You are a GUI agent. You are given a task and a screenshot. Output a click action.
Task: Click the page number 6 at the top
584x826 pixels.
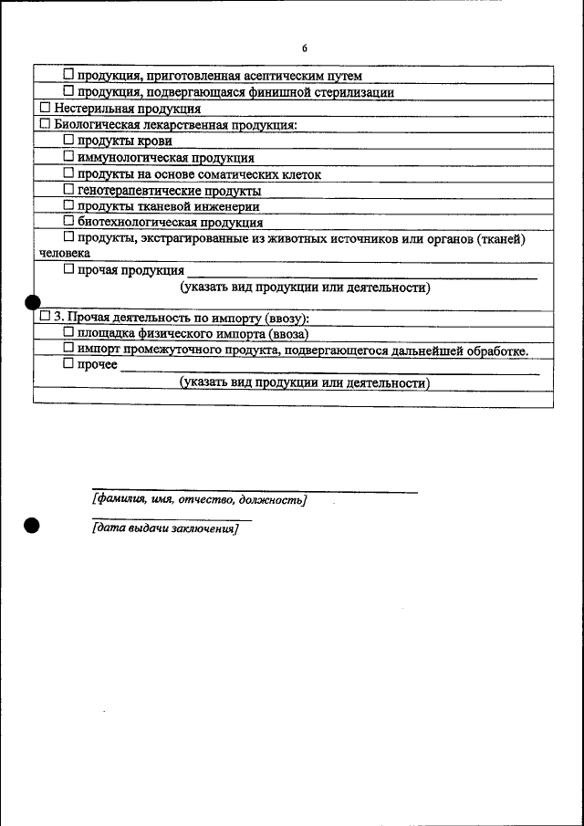(x=305, y=48)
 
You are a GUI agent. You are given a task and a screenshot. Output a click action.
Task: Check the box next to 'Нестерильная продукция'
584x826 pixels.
(x=45, y=108)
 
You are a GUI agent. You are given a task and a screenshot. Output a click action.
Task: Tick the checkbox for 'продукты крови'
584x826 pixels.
(x=69, y=141)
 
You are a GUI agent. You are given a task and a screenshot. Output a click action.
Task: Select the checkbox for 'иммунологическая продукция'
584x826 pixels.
(x=69, y=157)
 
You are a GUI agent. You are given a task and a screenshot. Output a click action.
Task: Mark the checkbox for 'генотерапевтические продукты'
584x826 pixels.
(x=69, y=190)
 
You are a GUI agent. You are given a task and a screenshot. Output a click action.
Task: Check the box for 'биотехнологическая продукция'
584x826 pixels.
(x=69, y=221)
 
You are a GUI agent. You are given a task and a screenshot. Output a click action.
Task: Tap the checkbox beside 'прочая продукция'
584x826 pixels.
(x=69, y=270)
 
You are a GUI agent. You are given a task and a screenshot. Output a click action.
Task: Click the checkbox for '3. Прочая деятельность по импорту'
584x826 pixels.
(x=45, y=317)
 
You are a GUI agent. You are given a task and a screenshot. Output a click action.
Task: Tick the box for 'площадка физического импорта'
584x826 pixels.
(x=69, y=333)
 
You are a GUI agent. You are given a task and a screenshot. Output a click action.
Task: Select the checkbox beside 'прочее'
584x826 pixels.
(x=69, y=365)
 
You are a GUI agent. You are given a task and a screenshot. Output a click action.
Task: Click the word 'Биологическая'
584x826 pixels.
(x=98, y=124)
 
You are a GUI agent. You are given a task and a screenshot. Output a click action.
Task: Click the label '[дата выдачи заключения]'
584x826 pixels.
(x=165, y=529)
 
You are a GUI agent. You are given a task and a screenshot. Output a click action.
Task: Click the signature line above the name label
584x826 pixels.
(x=255, y=491)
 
